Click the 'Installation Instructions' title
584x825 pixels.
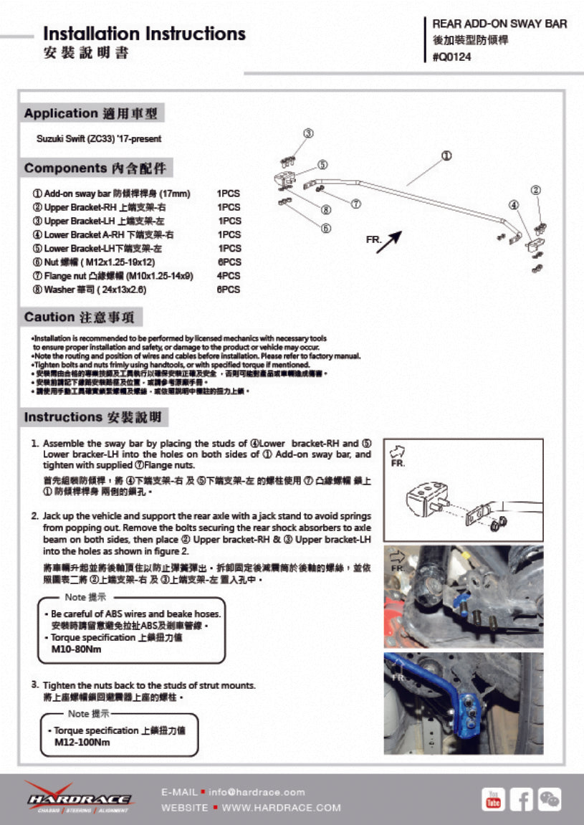(144, 34)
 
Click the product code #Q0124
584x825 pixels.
(456, 58)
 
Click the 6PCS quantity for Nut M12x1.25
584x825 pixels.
(229, 262)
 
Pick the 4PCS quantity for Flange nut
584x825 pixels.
(229, 276)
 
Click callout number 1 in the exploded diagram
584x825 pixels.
(446, 156)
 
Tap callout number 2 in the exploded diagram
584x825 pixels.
(535, 190)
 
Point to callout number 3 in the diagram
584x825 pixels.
(308, 133)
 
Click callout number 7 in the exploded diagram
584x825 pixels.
(355, 204)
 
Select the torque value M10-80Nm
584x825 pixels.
(77, 649)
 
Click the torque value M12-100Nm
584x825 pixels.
(82, 743)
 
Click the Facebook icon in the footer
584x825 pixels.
(521, 798)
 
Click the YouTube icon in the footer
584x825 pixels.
(493, 798)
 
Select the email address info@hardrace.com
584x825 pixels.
(257, 792)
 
